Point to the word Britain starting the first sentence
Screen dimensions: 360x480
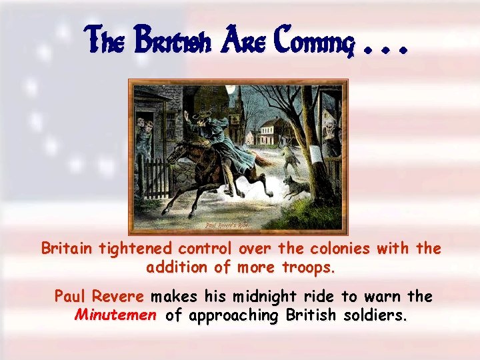click(x=68, y=249)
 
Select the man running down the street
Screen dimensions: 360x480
click(x=288, y=157)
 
